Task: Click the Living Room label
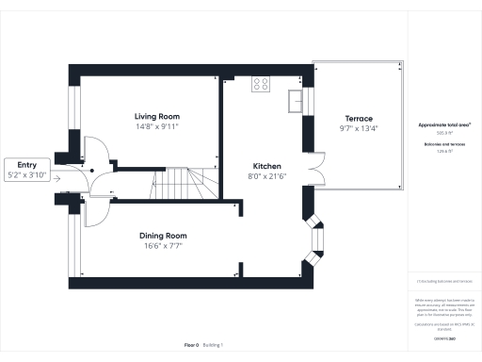156,116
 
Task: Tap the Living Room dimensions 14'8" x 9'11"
156,125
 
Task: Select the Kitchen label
262,164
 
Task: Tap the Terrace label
355,118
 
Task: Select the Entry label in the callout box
25,165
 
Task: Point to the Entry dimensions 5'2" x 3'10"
25,174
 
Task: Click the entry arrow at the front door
57,176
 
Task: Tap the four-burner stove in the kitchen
261,85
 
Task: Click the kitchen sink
296,97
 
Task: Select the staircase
179,183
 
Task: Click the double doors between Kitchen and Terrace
316,176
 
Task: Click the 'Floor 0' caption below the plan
191,345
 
